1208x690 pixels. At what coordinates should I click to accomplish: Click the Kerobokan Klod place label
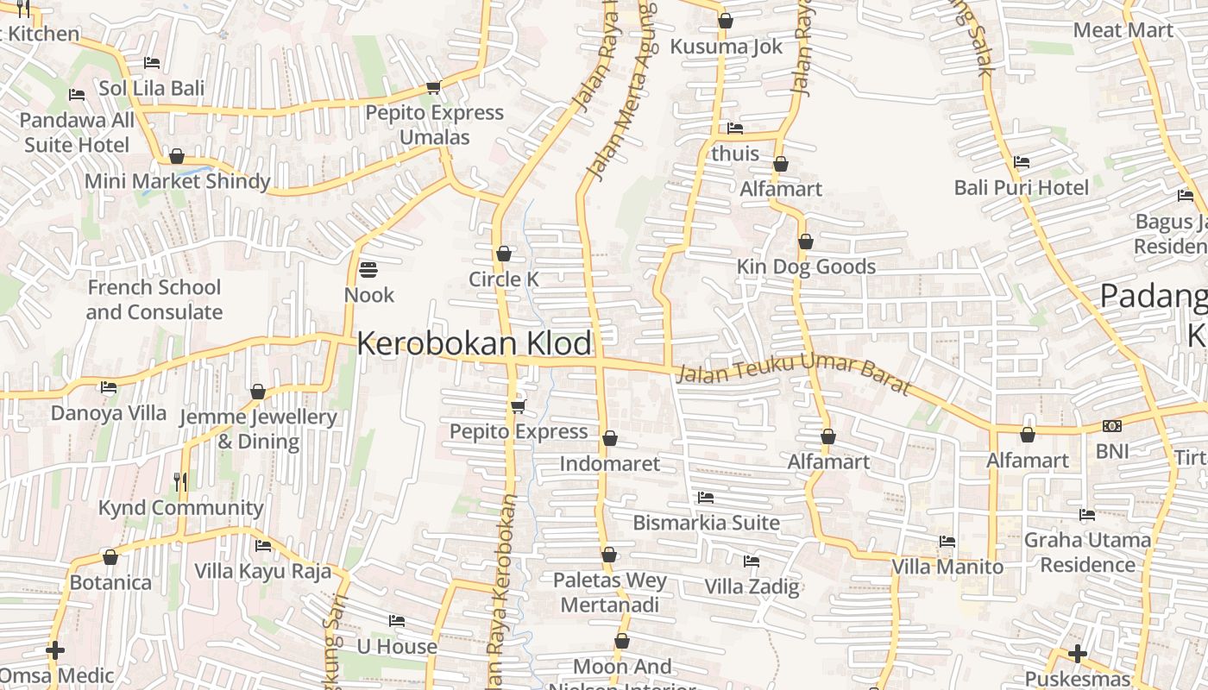pyautogui.click(x=474, y=343)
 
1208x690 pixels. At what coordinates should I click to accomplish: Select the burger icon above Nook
pyautogui.click(x=368, y=270)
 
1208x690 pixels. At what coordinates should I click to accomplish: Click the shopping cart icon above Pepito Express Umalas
pyautogui.click(x=433, y=88)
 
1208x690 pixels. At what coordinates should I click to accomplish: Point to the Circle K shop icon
pyautogui.click(x=504, y=254)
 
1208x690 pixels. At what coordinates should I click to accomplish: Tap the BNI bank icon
pyautogui.click(x=1111, y=426)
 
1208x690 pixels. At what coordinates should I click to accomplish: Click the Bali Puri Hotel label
pyautogui.click(x=1021, y=187)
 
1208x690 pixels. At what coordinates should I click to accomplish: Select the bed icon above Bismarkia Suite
pyautogui.click(x=705, y=498)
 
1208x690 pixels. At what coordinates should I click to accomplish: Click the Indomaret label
pyautogui.click(x=609, y=463)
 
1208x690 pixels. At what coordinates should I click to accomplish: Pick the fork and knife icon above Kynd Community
pyautogui.click(x=180, y=482)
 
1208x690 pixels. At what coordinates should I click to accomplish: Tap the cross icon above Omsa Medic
pyautogui.click(x=55, y=649)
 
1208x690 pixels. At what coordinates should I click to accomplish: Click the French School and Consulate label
pyautogui.click(x=154, y=299)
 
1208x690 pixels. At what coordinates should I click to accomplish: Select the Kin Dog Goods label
pyautogui.click(x=806, y=267)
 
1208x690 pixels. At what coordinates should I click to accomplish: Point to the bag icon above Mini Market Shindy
pyautogui.click(x=177, y=156)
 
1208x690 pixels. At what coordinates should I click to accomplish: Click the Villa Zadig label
pyautogui.click(x=752, y=586)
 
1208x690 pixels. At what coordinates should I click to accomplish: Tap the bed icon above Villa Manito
pyautogui.click(x=947, y=542)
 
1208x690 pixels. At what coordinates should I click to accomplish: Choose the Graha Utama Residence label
pyautogui.click(x=1086, y=552)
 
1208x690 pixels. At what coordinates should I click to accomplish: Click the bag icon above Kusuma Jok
pyautogui.click(x=725, y=21)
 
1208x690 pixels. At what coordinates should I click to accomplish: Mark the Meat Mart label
pyautogui.click(x=1123, y=30)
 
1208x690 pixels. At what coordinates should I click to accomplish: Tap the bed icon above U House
pyautogui.click(x=397, y=621)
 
